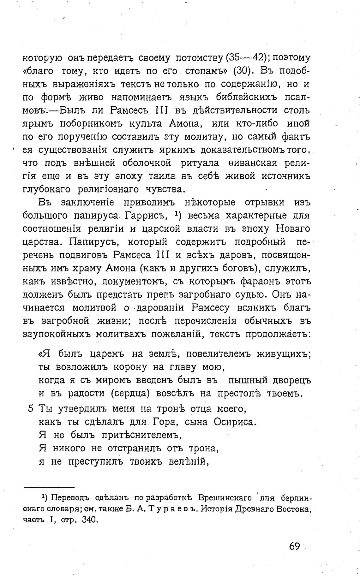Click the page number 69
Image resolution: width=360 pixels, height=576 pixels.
(x=294, y=546)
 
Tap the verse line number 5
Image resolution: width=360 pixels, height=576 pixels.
(x=30, y=408)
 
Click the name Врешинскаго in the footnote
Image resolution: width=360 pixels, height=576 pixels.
(x=225, y=498)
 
